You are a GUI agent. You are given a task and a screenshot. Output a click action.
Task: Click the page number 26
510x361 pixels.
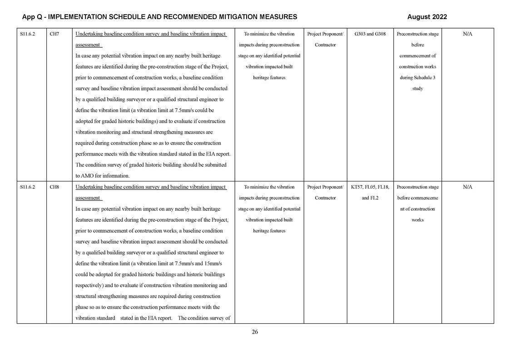coord(255,332)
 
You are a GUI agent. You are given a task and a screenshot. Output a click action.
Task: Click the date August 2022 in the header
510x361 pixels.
coord(427,17)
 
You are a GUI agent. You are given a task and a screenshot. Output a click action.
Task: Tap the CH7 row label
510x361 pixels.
coord(54,34)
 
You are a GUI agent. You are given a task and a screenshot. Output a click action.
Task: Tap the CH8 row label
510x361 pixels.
coord(54,187)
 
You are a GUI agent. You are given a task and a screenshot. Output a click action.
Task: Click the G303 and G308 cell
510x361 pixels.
coord(370,34)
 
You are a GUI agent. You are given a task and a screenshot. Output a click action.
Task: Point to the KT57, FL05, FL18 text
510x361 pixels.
coord(370,187)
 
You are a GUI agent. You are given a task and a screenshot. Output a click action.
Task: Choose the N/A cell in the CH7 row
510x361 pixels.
coord(467,34)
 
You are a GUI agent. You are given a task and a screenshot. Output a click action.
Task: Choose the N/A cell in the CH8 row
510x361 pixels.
coord(467,187)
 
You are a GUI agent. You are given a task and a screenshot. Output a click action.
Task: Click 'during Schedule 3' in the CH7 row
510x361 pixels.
coord(417,78)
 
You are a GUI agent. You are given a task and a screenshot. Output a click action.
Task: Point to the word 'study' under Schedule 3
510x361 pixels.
coord(417,89)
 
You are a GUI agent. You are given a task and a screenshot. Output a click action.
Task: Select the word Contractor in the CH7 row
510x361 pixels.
coord(325,45)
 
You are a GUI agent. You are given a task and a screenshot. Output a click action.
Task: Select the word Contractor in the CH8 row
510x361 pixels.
coord(325,198)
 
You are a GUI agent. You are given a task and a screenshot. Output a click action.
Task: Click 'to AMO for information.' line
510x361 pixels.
coord(102,176)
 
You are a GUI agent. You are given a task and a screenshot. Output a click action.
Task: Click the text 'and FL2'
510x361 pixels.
coord(370,198)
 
